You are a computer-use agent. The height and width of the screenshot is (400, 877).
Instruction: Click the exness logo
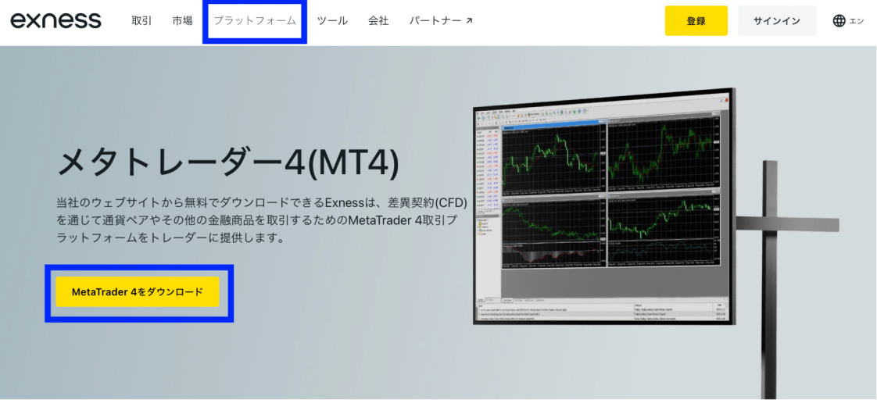tap(55, 20)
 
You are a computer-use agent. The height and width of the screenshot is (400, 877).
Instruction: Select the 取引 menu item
tap(141, 21)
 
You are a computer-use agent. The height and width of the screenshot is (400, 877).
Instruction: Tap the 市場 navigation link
tap(182, 21)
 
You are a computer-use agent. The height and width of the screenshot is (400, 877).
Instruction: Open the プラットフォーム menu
tap(255, 21)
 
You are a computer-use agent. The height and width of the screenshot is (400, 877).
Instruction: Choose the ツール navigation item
tap(332, 21)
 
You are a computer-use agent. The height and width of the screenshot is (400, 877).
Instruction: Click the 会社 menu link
tap(378, 21)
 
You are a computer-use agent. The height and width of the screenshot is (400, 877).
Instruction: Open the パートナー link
tap(435, 21)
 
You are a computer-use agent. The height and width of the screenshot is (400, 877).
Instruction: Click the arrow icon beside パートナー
tap(469, 21)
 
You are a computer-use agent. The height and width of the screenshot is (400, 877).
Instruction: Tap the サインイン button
tap(776, 21)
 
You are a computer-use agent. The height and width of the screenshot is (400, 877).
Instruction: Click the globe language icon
tap(839, 21)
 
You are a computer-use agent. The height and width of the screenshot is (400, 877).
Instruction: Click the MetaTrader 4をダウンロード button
tap(138, 292)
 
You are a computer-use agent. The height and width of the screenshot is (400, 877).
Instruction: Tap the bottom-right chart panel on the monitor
tap(661, 231)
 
